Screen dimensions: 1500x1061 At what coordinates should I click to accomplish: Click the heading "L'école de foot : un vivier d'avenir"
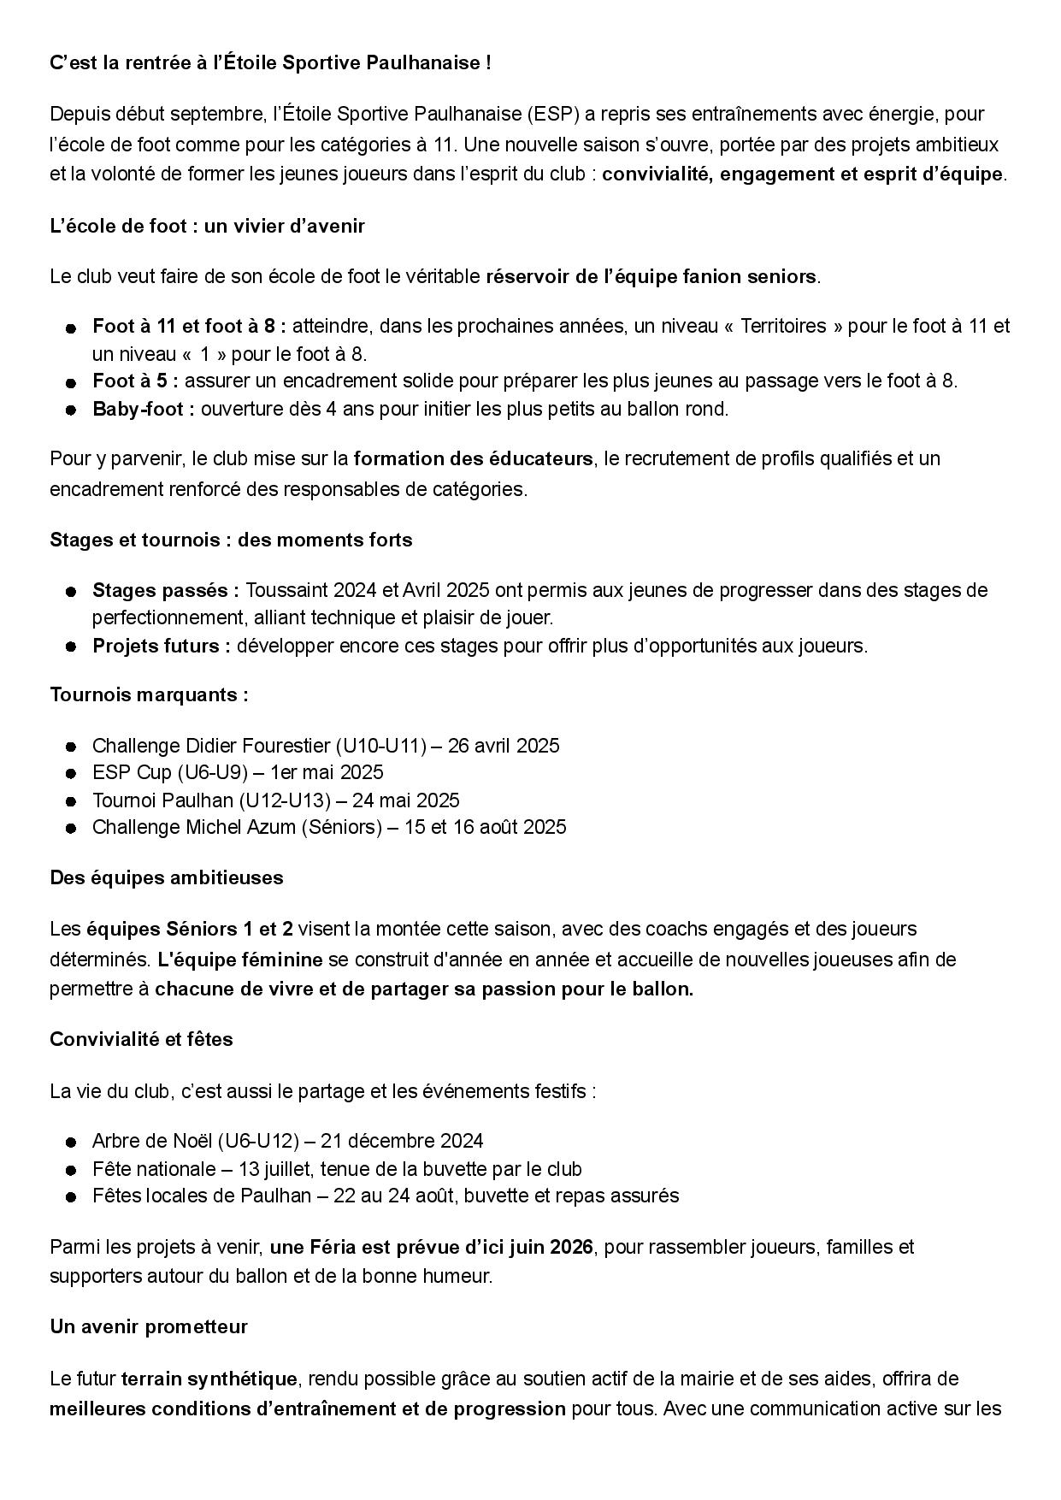pyautogui.click(x=207, y=227)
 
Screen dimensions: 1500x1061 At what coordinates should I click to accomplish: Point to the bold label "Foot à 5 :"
pyautogui.click(x=135, y=381)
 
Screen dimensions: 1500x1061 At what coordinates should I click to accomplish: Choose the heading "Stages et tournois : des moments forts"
pyautogui.click(x=231, y=540)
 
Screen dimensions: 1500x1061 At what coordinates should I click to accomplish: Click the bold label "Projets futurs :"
pyautogui.click(x=162, y=646)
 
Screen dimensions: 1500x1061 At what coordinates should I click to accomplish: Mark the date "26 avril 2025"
pyautogui.click(x=504, y=746)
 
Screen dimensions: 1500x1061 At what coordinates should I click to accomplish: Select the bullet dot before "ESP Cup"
pyautogui.click(x=72, y=773)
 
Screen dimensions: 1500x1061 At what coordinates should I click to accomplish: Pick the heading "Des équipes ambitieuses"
pyautogui.click(x=167, y=878)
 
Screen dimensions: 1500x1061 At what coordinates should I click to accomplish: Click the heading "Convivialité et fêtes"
pyautogui.click(x=141, y=1040)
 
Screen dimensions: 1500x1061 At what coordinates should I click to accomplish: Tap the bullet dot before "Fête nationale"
pyautogui.click(x=72, y=1169)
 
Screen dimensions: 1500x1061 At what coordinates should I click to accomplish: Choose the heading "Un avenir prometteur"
pyautogui.click(x=149, y=1327)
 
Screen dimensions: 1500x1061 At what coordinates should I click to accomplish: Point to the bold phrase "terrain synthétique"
pyautogui.click(x=209, y=1379)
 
